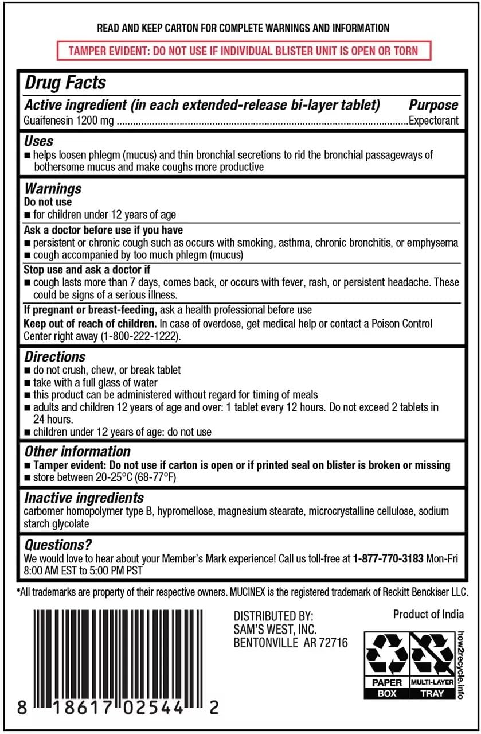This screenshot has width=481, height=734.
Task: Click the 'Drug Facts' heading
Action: pos(65,83)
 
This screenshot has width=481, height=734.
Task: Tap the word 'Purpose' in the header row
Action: pos(433,105)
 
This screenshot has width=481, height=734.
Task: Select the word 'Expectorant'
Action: pos(434,121)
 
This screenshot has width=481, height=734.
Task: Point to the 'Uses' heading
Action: pos(38,141)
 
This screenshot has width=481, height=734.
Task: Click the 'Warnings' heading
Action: pos(53,189)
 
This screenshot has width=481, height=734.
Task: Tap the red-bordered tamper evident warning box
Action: pos(243,50)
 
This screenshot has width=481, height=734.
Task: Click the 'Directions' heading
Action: pos(55,357)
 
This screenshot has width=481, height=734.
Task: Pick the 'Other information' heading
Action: pos(77,452)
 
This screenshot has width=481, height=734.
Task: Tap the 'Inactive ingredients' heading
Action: pos(84,498)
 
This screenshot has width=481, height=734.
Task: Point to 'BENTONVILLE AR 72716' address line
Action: pos(291,643)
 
